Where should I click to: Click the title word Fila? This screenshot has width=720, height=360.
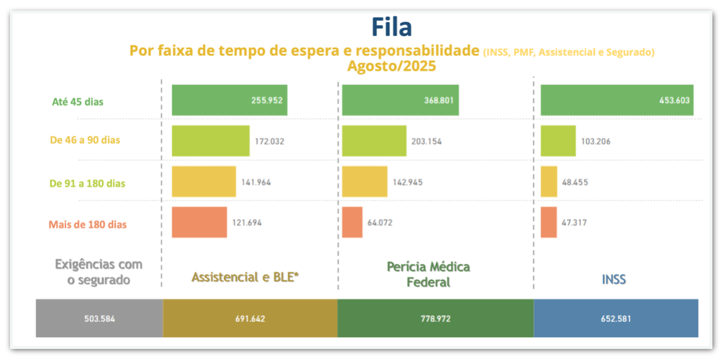click(391, 27)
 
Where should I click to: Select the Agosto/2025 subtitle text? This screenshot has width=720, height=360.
click(391, 66)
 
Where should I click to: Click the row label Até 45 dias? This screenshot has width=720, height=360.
click(78, 102)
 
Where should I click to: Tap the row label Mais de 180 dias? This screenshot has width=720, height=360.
click(88, 224)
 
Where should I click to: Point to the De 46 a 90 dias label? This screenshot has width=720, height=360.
click(85, 140)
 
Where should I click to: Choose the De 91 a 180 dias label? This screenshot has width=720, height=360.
click(88, 183)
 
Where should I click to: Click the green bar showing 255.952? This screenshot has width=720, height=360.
click(229, 100)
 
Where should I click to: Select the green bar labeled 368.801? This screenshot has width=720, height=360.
click(400, 100)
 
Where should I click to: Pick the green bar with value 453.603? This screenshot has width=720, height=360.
click(617, 100)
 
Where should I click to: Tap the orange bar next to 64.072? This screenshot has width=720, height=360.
click(352, 222)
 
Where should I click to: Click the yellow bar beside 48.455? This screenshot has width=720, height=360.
click(549, 181)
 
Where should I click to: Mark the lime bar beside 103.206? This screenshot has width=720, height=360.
click(558, 141)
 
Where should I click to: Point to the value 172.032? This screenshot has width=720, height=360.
click(269, 141)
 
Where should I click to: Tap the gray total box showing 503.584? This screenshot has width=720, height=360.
click(99, 318)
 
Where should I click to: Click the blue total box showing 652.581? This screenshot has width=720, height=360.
click(616, 318)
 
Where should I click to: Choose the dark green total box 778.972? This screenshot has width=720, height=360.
click(435, 318)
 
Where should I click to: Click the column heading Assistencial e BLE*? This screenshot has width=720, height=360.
click(245, 277)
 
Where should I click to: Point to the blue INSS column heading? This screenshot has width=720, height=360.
click(614, 279)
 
